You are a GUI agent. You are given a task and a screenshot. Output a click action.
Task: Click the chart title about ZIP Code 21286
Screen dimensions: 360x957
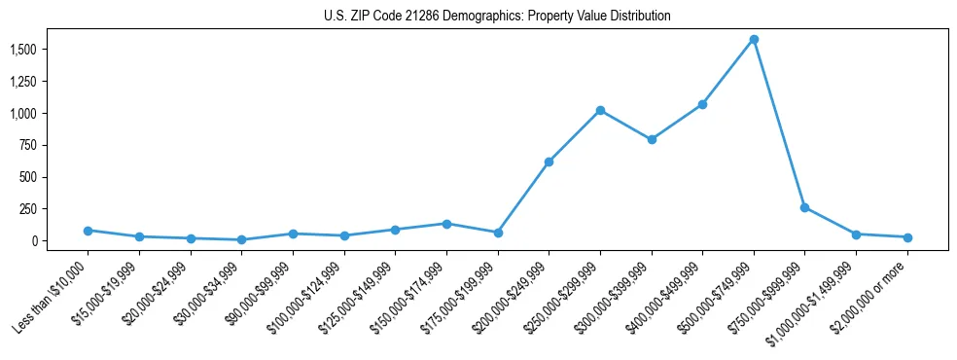497,17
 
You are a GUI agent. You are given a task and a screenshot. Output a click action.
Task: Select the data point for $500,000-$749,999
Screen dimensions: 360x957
754,40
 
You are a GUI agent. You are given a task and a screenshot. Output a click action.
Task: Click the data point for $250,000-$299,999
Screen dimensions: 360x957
600,110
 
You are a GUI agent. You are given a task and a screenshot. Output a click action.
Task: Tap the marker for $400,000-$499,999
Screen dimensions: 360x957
702,104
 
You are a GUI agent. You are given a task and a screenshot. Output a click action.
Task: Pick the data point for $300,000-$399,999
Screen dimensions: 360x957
652,139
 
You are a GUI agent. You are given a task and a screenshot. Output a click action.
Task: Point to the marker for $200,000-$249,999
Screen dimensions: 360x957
549,162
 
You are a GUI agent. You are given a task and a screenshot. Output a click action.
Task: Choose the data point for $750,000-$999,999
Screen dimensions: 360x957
804,207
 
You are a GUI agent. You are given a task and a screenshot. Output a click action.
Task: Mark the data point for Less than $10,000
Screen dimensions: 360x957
88,231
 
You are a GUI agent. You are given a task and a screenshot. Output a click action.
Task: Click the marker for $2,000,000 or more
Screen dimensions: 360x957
907,237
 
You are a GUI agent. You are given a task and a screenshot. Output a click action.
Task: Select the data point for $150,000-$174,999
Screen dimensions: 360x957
446,224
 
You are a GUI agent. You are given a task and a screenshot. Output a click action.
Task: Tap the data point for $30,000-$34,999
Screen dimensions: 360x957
241,239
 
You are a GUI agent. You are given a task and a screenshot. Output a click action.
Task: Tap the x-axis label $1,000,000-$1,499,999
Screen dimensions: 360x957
816,297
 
